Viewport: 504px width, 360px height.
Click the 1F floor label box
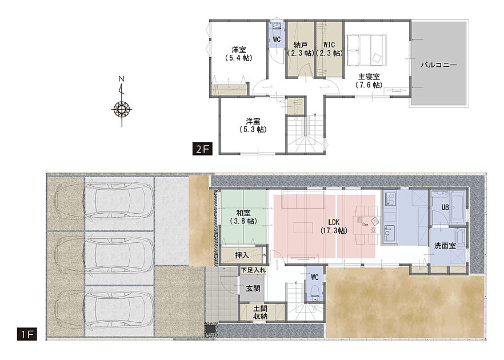[27, 334]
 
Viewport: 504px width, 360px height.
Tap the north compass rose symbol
[122, 109]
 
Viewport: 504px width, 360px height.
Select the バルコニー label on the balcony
[439, 65]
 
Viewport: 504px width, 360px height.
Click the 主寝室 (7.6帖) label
[369, 81]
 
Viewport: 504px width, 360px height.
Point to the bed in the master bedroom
[366, 50]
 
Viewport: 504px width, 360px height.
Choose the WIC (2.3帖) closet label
[329, 49]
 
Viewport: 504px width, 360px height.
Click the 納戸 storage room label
[300, 49]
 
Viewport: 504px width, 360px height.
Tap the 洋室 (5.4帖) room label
[239, 54]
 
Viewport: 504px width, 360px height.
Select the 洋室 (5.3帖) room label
[253, 125]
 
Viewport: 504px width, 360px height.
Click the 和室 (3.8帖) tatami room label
[243, 217]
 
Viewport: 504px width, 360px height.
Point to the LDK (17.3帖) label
[334, 226]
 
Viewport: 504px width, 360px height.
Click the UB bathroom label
[445, 207]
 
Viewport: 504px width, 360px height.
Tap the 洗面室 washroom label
[445, 246]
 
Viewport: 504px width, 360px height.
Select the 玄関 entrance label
[253, 289]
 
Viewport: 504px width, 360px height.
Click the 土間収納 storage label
[261, 312]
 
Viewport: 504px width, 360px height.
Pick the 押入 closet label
[242, 255]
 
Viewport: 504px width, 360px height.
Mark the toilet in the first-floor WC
[314, 292]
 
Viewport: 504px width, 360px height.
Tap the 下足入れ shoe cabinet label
[254, 270]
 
